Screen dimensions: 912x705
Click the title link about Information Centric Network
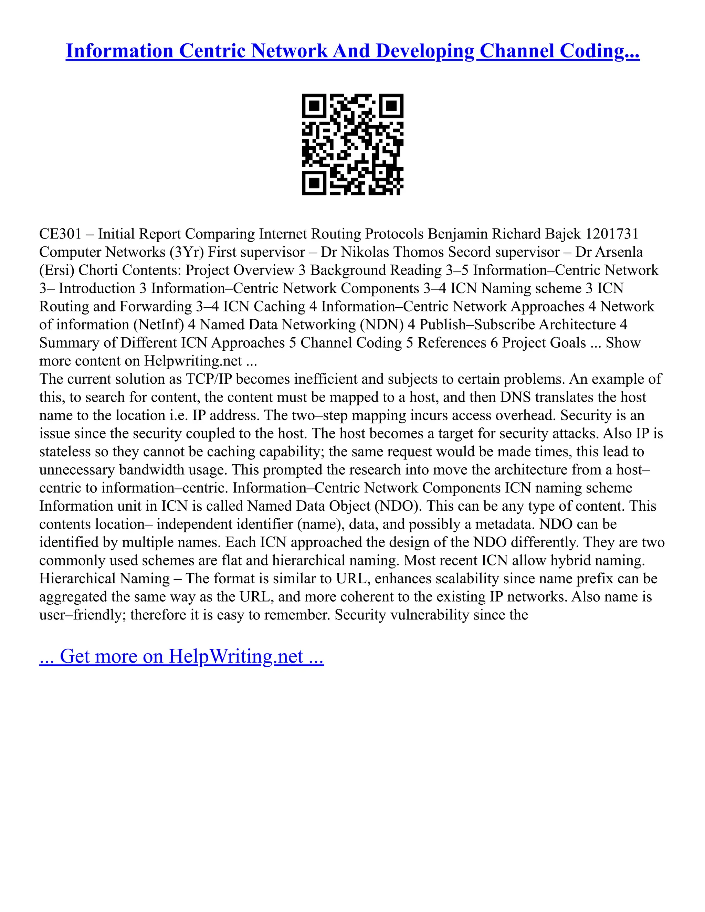pyautogui.click(x=352, y=51)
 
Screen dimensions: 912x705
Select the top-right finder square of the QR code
pyautogui.click(x=391, y=106)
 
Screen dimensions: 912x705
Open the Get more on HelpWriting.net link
pyautogui.click(x=181, y=656)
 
